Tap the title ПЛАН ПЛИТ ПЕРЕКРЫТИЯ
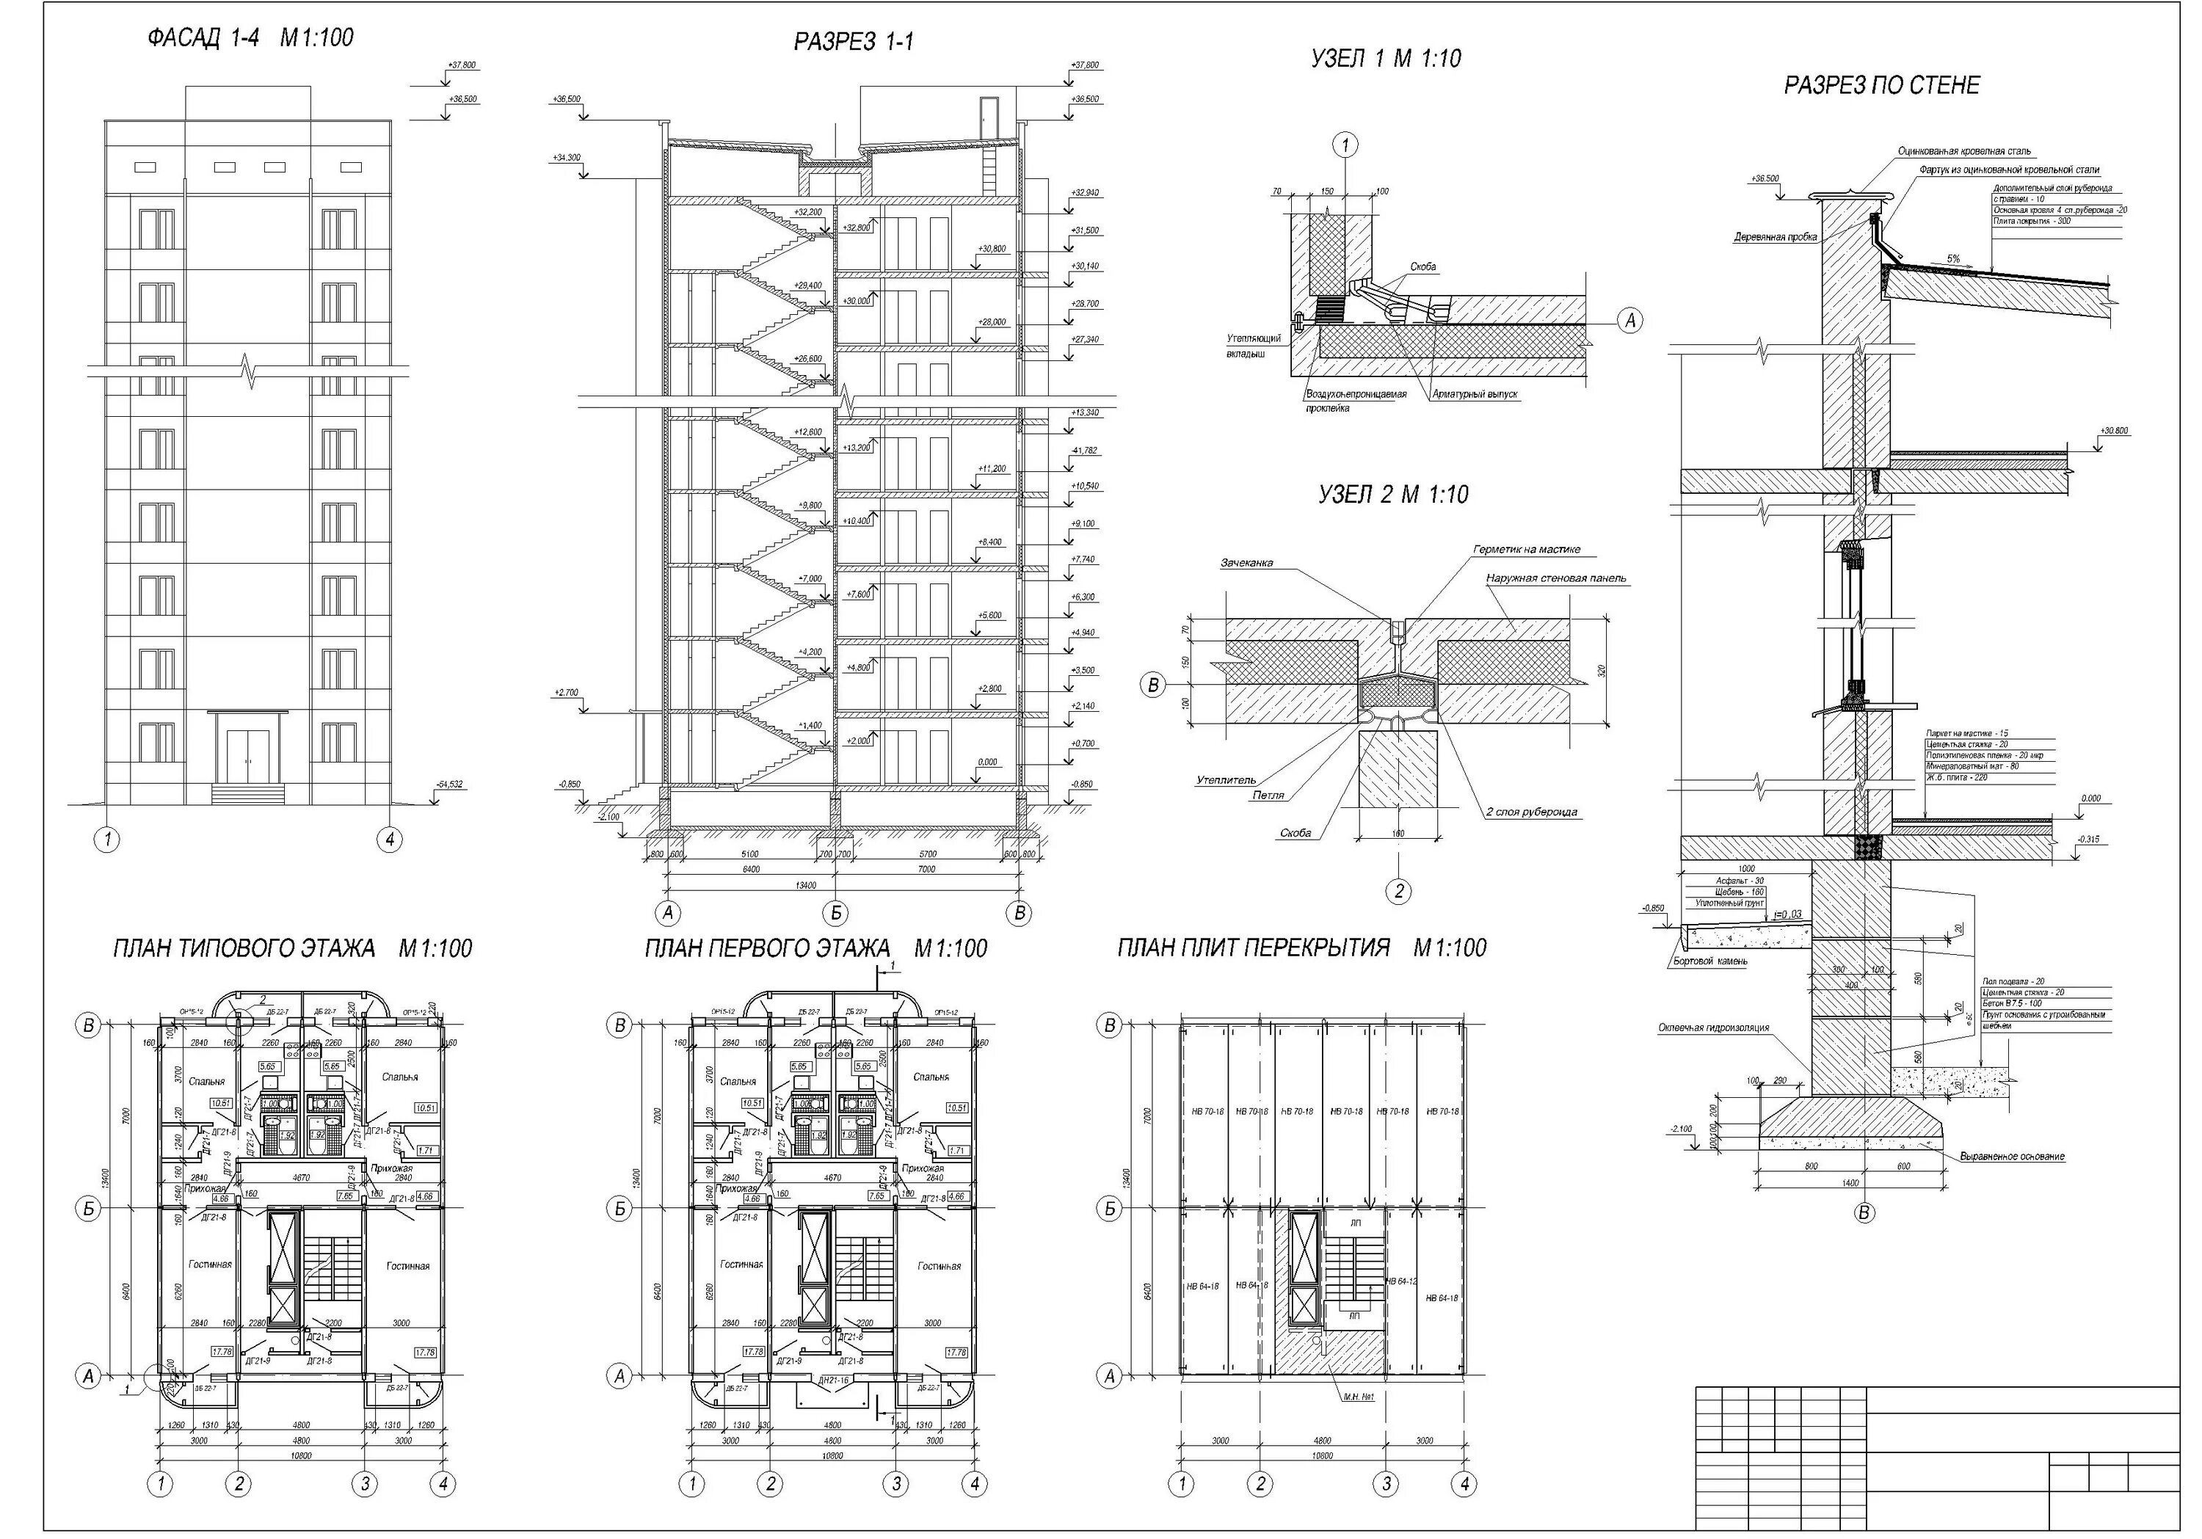click(1254, 948)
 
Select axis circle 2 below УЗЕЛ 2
click(1398, 891)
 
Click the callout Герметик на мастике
click(1527, 550)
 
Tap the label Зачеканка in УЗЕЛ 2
click(1247, 563)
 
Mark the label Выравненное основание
click(2011, 1157)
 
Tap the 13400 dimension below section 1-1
click(845, 885)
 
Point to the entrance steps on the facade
click(248, 794)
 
